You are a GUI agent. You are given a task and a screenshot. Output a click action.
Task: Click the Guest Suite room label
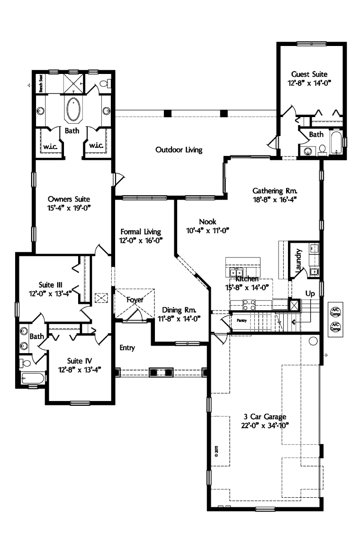(309, 74)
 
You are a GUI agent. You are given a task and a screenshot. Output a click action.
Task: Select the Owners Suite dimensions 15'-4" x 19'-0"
(69, 207)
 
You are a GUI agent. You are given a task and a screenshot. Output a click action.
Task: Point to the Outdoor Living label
(179, 150)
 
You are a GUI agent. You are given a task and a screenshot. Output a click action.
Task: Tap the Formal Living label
(141, 232)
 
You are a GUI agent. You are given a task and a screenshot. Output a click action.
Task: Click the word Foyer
(135, 300)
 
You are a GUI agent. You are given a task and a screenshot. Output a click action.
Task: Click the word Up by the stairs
(310, 293)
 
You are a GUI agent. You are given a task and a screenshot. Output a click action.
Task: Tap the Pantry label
(241, 320)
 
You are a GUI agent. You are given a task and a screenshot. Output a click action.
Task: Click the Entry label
(127, 348)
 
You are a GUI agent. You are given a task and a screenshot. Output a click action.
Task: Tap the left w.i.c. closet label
(50, 146)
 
